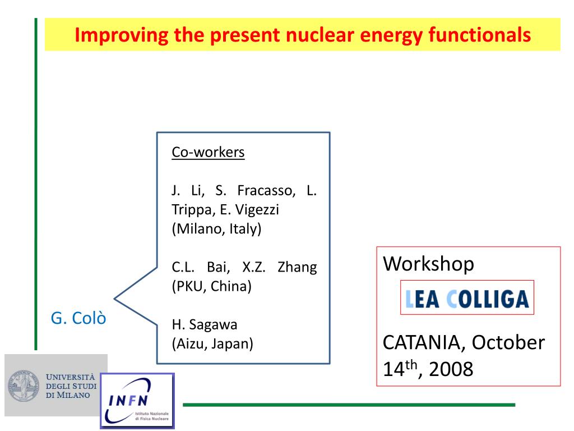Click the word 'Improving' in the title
(121, 35)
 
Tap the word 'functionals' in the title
(480, 35)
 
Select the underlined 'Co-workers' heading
(208, 152)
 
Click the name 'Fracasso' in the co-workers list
(266, 190)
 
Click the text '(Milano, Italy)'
(216, 229)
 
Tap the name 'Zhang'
(297, 267)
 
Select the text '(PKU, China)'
(211, 286)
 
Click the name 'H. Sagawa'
(205, 325)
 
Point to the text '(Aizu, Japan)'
(212, 344)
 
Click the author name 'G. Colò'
(78, 318)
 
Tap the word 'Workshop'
(428, 264)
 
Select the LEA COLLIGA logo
(467, 297)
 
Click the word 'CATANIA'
(424, 343)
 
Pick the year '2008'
(451, 369)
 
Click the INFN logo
(137, 401)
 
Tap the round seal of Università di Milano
(24, 386)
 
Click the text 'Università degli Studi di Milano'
(71, 386)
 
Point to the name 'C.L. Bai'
(201, 267)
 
